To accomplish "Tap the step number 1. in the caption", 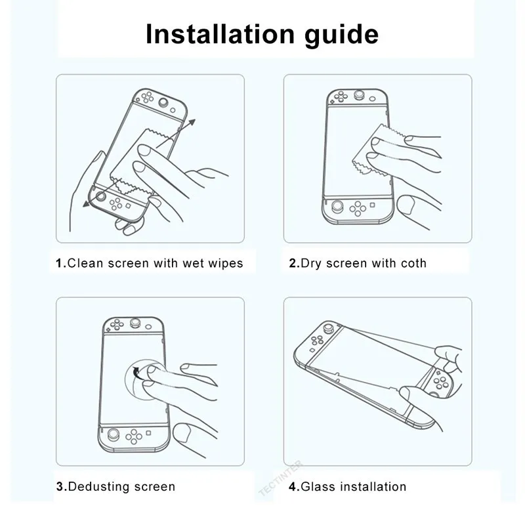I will [60, 263].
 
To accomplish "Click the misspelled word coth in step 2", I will [411, 263].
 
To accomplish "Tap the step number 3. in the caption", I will [60, 486].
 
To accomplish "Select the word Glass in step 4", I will [317, 486].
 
